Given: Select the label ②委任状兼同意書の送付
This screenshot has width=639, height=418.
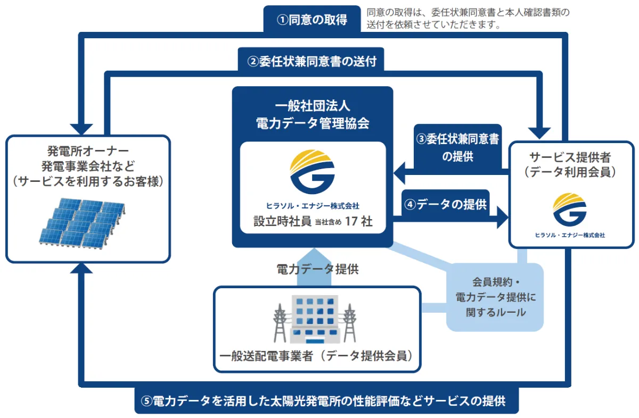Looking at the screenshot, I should [x=313, y=61].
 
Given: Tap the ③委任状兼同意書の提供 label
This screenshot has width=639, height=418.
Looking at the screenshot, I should [x=457, y=147].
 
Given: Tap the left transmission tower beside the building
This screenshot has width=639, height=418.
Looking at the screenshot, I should [x=280, y=323].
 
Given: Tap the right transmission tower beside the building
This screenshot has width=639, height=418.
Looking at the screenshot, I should [x=349, y=323].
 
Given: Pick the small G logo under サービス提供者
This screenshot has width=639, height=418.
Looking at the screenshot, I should [x=569, y=210].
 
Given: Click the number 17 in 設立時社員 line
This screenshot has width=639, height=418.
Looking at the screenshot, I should [x=350, y=222].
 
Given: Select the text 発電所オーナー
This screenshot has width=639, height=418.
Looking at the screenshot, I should [x=88, y=151].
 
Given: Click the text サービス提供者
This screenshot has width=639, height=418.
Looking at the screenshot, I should [x=569, y=157].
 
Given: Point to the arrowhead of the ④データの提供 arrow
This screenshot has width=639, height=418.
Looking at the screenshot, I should [x=501, y=218].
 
